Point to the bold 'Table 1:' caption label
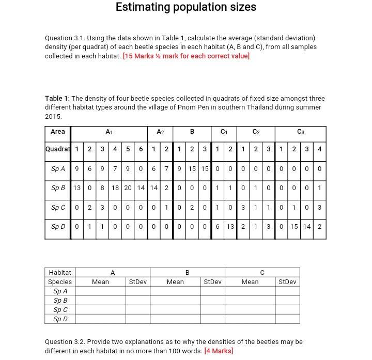[x=57, y=98]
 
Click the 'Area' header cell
[x=58, y=132]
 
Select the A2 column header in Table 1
[x=160, y=132]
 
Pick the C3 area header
[x=301, y=132]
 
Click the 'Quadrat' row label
[x=58, y=149]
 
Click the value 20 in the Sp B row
[x=128, y=188]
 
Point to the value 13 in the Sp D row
[x=230, y=227]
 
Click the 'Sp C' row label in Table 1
[x=58, y=208]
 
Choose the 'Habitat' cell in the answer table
[x=60, y=272]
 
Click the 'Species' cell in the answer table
[x=60, y=281]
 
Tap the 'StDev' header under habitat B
[x=212, y=281]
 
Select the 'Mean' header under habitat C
[x=250, y=281]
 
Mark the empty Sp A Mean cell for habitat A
[x=100, y=291]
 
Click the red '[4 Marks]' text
[x=219, y=351]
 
